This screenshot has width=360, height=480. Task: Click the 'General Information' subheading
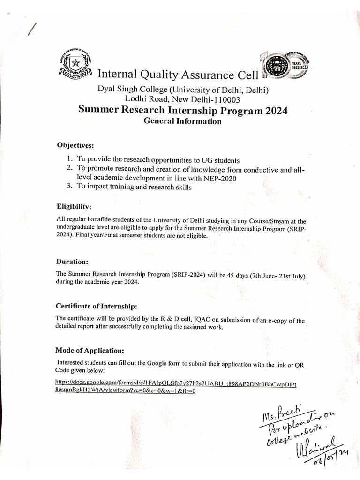point(182,121)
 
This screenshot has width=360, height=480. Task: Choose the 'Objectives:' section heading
point(75,144)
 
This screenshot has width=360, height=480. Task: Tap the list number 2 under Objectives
point(69,168)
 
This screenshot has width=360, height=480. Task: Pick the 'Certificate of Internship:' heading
point(96,306)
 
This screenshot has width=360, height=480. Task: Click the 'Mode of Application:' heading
point(90,350)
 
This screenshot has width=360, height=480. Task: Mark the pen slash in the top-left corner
point(32,30)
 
